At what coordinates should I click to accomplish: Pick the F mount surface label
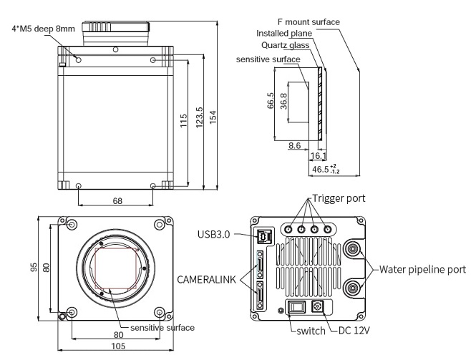(x=309, y=21)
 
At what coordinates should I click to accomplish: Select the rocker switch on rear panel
(x=295, y=308)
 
